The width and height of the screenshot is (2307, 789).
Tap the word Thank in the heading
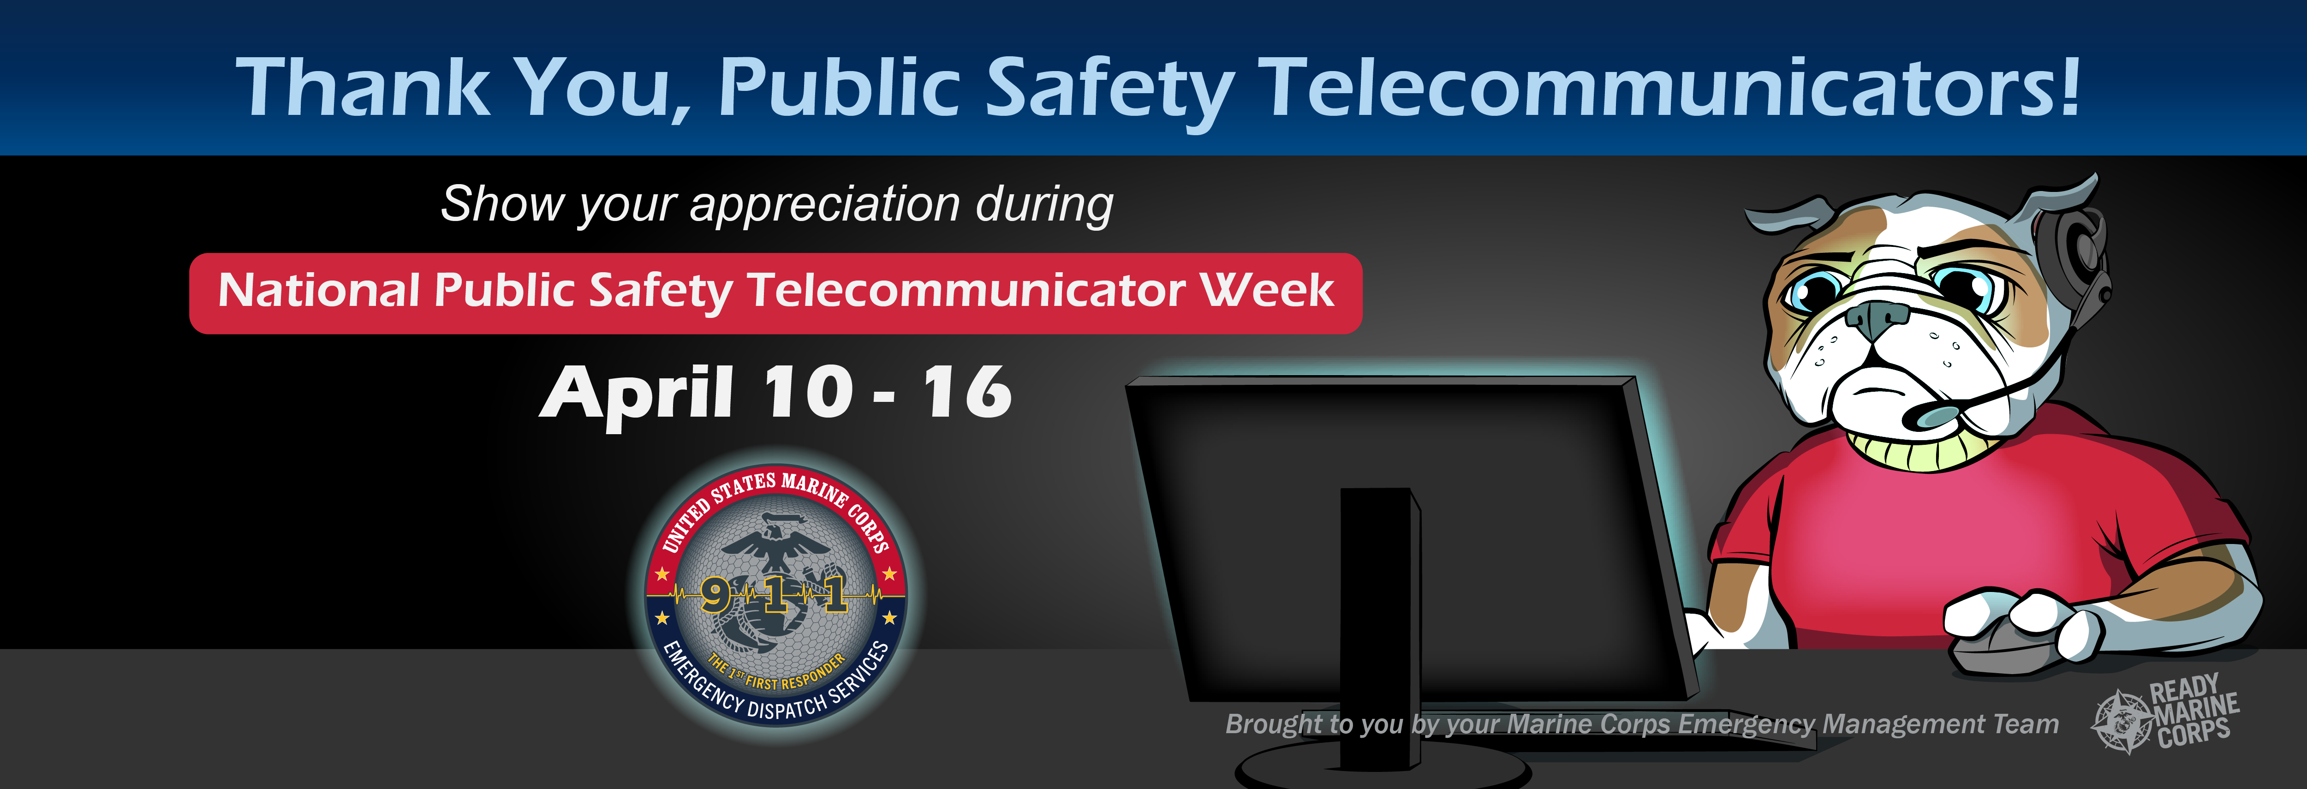point(363,87)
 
